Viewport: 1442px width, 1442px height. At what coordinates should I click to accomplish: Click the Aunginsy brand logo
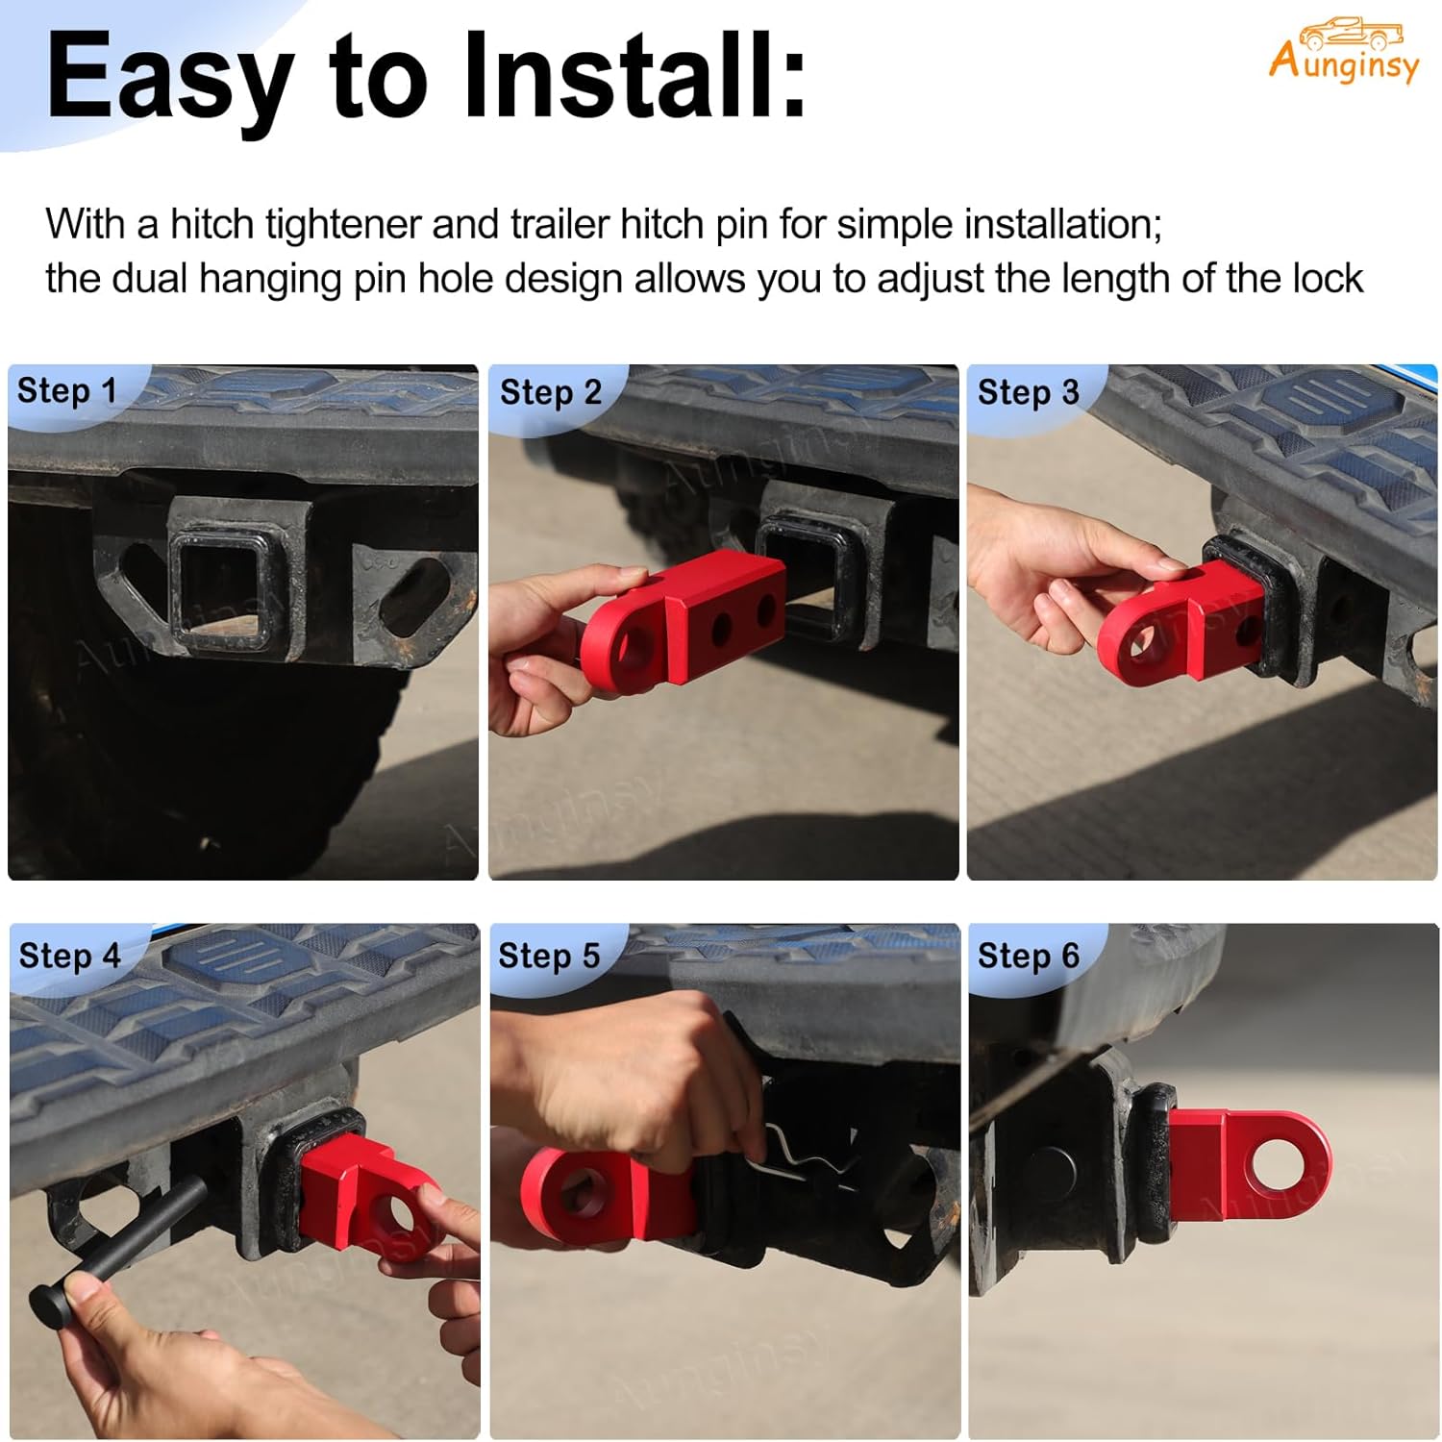1343,52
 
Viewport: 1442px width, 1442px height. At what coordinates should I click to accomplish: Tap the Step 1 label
66,391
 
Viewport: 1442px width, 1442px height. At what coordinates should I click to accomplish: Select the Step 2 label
550,392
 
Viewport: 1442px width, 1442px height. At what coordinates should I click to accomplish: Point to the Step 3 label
1028,392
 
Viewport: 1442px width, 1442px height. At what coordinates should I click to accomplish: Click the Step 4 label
69,956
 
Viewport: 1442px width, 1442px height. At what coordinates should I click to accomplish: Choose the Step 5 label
548,956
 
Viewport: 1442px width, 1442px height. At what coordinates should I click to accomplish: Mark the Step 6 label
1028,956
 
